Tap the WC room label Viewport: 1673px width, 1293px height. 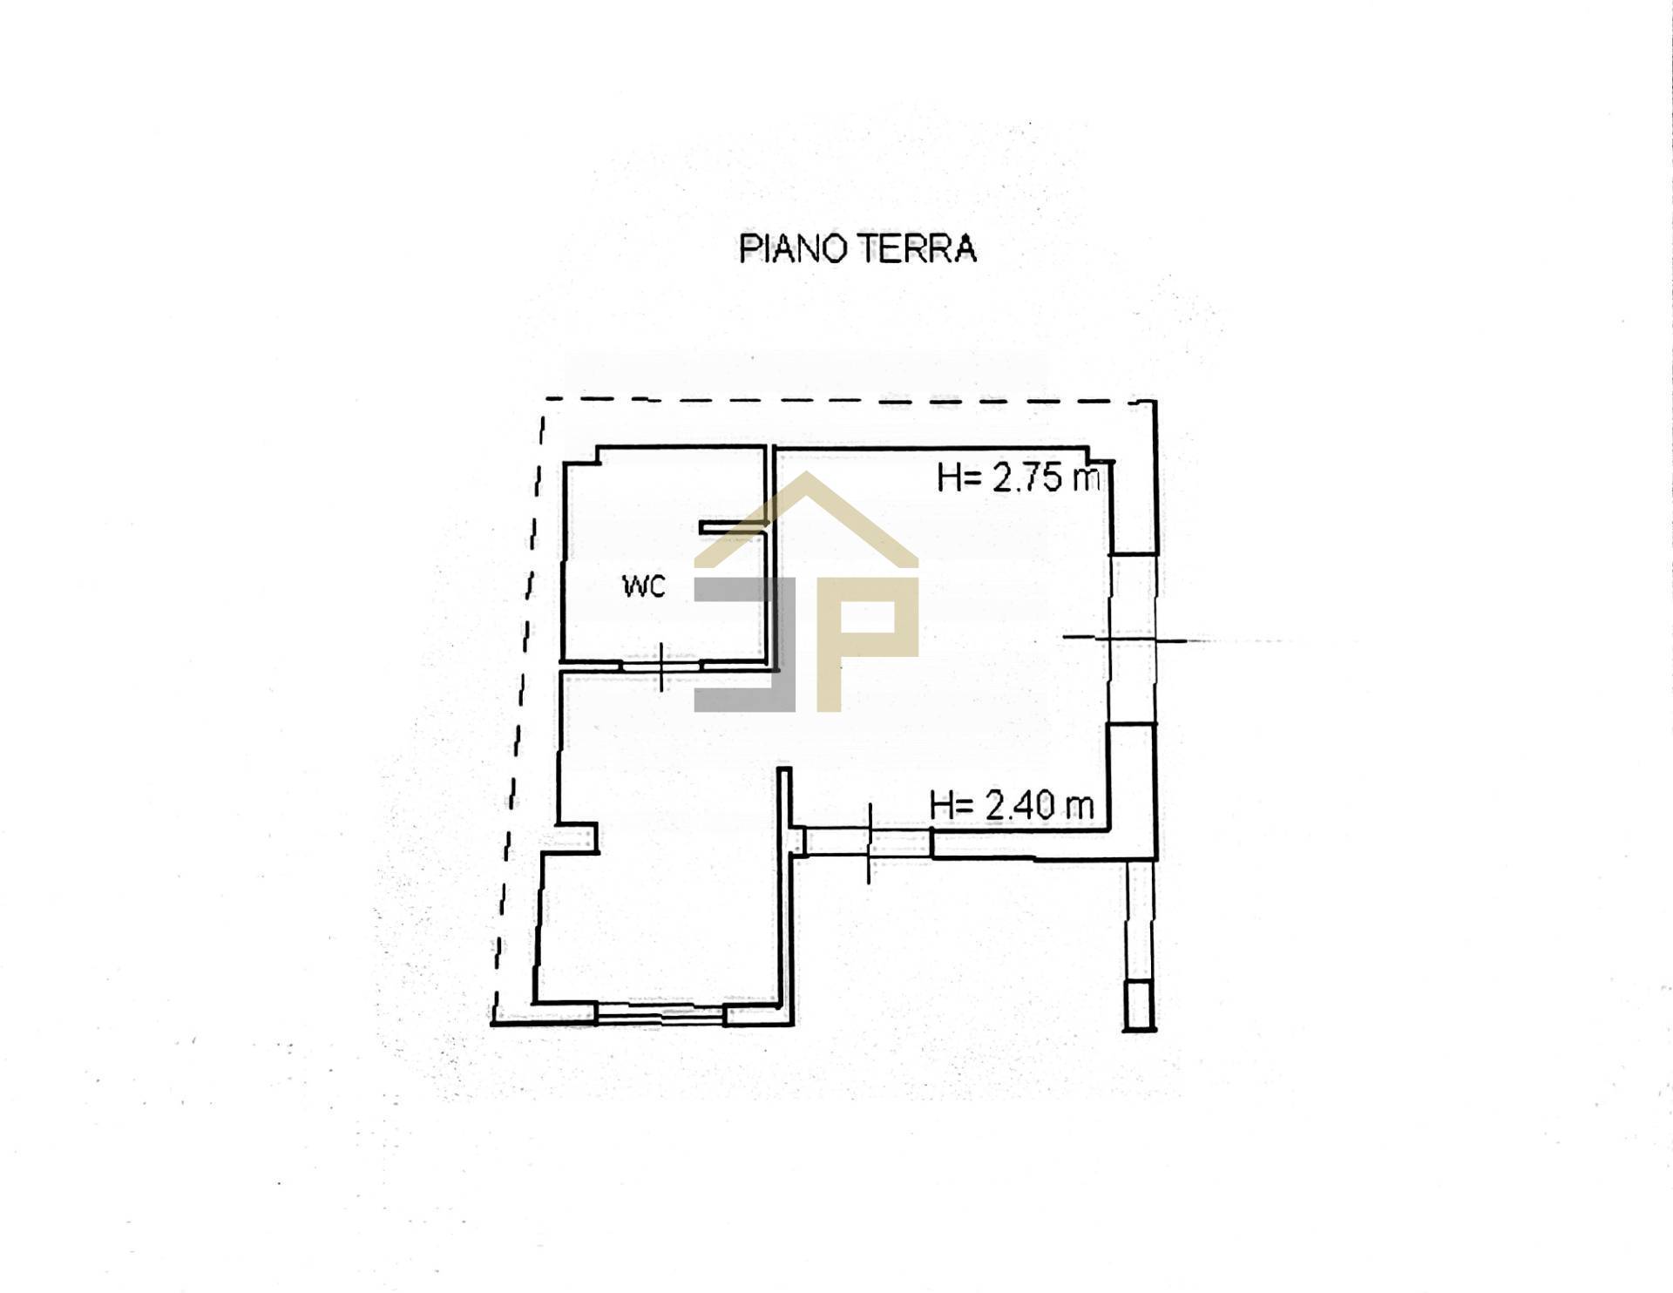644,586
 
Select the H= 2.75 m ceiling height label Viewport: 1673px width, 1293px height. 1018,477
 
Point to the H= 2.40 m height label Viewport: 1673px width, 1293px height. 1012,805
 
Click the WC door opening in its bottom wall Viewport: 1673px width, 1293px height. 662,666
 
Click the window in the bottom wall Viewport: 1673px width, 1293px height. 660,1013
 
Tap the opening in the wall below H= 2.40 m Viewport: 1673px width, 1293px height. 866,843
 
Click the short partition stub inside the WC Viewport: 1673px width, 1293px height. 733,526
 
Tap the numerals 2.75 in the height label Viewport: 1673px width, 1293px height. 1027,477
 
